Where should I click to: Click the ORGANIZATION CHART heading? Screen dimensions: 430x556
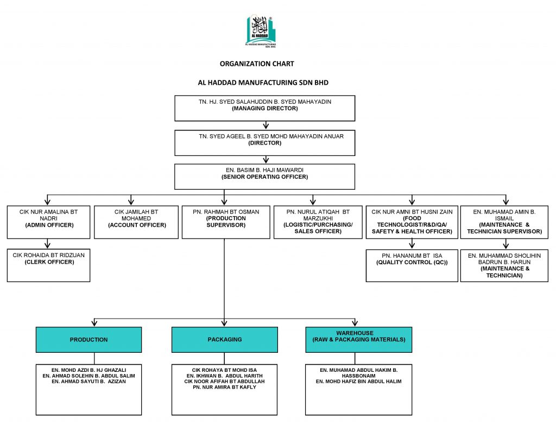257,64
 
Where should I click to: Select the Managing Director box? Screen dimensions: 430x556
264,108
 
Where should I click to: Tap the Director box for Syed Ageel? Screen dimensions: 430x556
264,142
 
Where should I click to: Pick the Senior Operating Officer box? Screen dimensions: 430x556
264,176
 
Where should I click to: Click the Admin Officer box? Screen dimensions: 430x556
48,222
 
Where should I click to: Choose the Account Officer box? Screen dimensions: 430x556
136,222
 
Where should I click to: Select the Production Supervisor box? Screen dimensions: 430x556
226,222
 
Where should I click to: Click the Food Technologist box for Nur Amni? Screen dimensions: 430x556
412,222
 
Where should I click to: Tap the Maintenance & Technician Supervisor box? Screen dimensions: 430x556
504,222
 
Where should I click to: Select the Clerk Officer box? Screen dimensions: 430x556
48,265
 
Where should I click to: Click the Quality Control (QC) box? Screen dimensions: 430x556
412,265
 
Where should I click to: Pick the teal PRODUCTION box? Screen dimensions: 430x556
89,340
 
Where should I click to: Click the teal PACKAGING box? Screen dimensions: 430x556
224,340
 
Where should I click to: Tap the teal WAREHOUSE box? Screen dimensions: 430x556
358,340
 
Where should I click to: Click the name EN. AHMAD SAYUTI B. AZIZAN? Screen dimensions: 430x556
89,382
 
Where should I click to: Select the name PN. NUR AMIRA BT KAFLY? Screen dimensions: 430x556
224,387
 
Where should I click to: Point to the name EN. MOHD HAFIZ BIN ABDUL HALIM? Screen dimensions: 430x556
358,382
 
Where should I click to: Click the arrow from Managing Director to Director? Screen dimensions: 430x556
265,126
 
